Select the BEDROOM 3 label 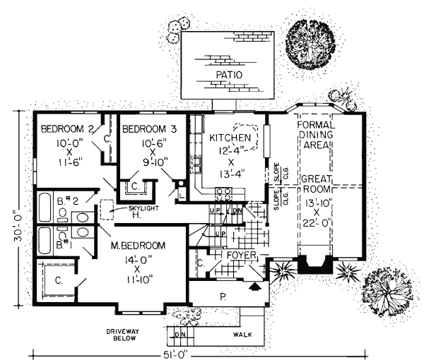(x=151, y=129)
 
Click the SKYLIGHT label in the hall (x=144, y=209)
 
